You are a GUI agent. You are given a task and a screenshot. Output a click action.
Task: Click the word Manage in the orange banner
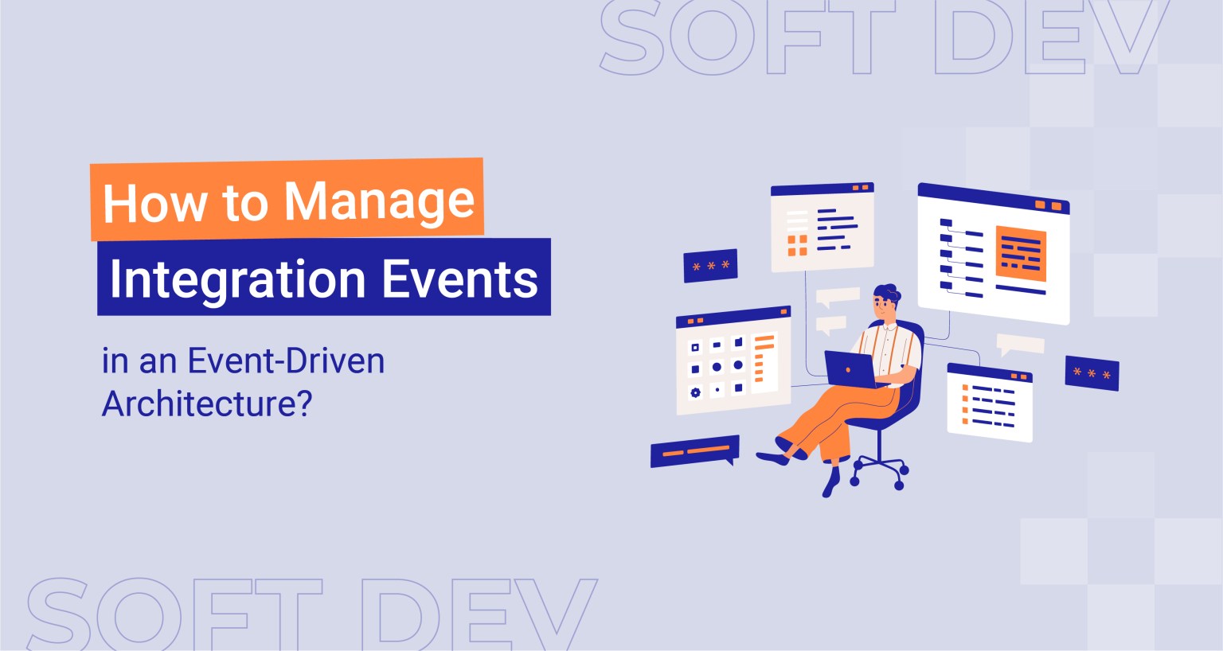click(x=379, y=202)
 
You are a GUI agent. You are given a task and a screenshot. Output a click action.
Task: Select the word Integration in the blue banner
click(x=236, y=279)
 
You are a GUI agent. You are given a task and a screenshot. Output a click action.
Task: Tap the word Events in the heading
click(x=459, y=279)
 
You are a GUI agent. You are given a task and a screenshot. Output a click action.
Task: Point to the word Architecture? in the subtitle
click(x=206, y=403)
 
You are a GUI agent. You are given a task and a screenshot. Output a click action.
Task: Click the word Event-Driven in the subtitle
click(x=286, y=361)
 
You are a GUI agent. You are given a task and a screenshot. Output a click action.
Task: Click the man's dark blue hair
click(x=886, y=292)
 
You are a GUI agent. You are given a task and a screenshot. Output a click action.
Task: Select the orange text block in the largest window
click(x=1020, y=254)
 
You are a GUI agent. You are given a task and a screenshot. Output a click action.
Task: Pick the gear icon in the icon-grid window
click(x=695, y=392)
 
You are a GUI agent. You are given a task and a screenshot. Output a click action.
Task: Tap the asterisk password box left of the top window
click(x=710, y=266)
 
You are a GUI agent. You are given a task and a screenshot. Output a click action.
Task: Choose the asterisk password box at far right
click(x=1092, y=373)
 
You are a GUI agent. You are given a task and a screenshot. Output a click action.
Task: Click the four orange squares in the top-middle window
click(x=797, y=245)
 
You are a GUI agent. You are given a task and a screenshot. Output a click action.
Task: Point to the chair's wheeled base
click(x=878, y=470)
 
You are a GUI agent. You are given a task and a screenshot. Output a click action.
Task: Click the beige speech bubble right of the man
click(x=1020, y=344)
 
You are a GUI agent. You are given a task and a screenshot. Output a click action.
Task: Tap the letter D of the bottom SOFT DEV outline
click(x=405, y=617)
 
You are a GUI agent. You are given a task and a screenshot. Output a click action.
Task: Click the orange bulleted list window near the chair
click(x=990, y=403)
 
